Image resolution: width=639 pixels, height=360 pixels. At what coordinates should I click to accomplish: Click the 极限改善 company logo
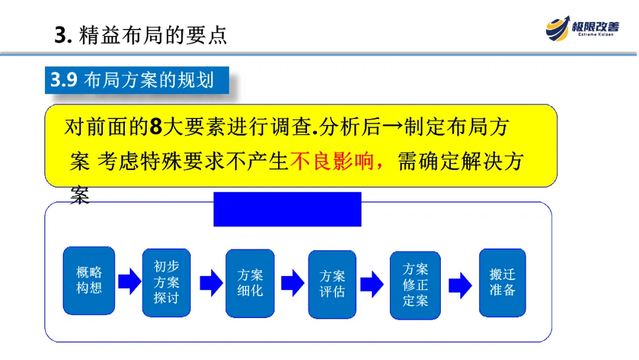coord(582,27)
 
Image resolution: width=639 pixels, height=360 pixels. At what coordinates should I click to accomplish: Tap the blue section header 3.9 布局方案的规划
coord(137,80)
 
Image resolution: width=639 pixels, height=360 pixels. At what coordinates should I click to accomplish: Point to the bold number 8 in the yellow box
coord(156,127)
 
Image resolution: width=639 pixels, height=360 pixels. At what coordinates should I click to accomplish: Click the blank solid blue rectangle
coord(287,209)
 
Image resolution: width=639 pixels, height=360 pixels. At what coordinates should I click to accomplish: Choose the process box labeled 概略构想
coord(89,280)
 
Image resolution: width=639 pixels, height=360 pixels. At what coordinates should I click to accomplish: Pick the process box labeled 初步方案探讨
coord(166,282)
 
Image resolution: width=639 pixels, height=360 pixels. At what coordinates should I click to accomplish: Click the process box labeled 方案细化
coord(250,283)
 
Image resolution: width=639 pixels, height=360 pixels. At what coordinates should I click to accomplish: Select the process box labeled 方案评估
coord(332,284)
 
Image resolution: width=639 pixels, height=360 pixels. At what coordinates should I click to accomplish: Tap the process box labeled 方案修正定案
coord(415,285)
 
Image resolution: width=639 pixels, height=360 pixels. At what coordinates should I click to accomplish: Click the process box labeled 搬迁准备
coord(502,282)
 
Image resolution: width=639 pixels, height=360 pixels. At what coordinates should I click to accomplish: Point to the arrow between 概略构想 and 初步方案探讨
coord(130,281)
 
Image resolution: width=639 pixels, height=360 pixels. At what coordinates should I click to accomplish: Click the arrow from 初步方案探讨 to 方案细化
coord(211,282)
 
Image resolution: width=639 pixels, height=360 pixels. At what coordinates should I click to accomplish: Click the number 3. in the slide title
coord(63,36)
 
